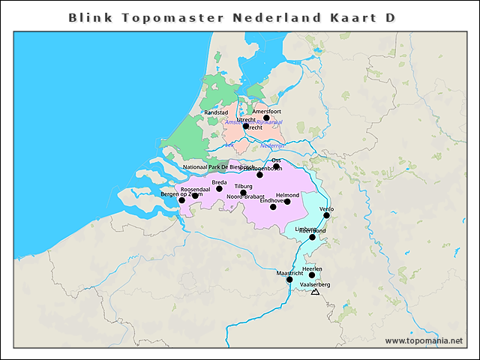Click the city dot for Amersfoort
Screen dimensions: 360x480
point(266,118)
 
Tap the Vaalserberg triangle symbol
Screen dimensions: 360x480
point(315,292)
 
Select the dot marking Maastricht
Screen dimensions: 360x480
point(289,280)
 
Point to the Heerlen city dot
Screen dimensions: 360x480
point(312,275)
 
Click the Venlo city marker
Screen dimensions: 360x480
point(326,216)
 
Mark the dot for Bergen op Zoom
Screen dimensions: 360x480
point(181,200)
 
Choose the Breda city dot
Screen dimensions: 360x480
point(220,188)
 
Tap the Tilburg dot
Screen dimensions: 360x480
point(243,193)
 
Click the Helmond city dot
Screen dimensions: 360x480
point(287,201)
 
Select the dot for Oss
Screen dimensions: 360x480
point(276,166)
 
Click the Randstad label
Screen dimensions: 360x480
point(216,112)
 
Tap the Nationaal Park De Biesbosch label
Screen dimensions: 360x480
point(218,166)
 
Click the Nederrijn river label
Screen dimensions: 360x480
point(273,145)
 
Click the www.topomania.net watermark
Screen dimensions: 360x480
point(424,340)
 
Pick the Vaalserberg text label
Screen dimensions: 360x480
point(314,285)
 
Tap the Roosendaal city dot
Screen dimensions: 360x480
point(195,196)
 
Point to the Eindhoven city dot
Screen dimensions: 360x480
point(273,206)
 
